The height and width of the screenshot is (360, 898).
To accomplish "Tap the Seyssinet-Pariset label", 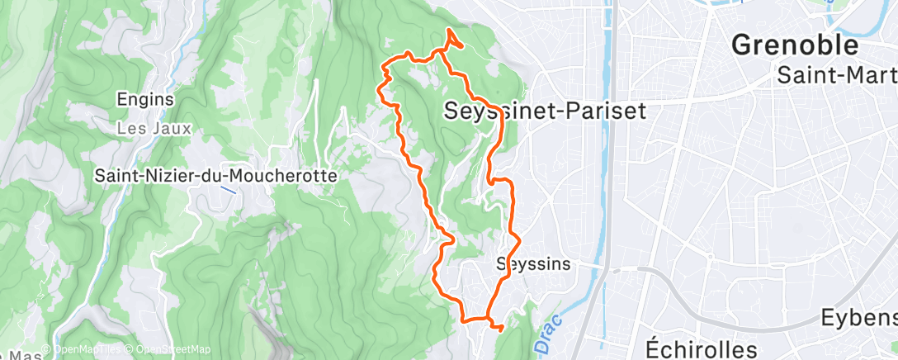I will click(x=545, y=111).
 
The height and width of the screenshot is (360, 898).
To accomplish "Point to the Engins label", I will click(x=145, y=99).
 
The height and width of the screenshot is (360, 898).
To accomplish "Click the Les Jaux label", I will click(x=154, y=129).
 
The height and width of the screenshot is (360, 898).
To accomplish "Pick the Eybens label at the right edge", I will click(x=858, y=319).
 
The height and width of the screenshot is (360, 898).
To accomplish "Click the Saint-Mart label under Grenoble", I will click(x=836, y=75).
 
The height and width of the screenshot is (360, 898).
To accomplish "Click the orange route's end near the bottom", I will click(x=501, y=328).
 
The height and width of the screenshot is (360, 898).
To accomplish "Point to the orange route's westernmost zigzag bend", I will click(x=381, y=89).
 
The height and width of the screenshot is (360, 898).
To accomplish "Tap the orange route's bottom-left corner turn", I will click(x=463, y=318).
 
